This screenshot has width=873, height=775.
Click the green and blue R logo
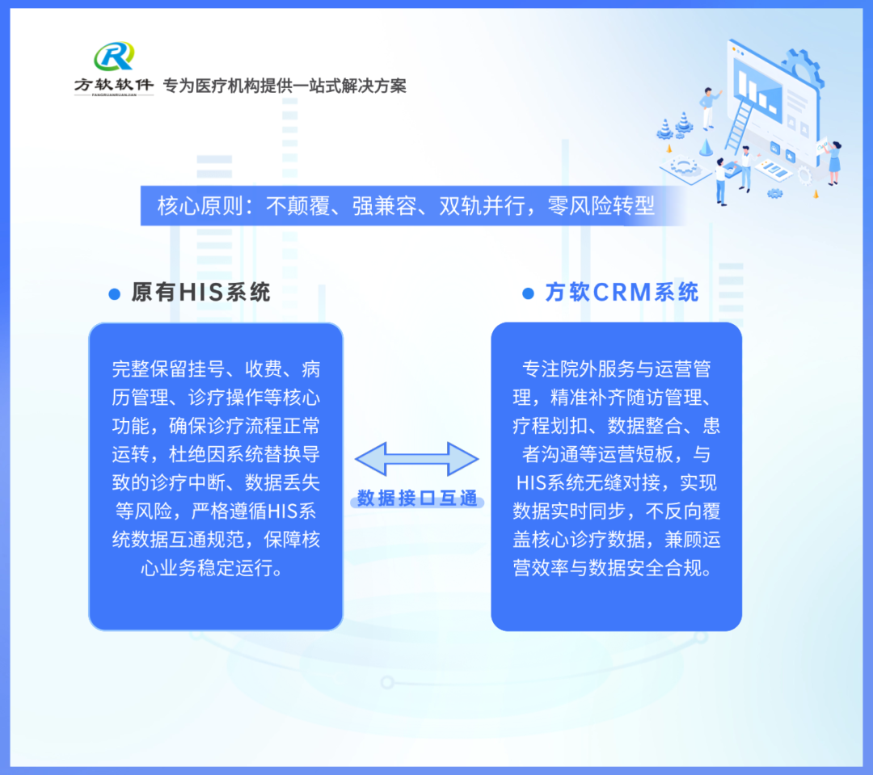click(x=114, y=57)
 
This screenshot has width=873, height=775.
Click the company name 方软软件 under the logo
click(x=114, y=85)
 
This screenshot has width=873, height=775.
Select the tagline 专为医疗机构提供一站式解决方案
click(x=285, y=86)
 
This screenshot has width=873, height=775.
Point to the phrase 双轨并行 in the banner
click(x=482, y=206)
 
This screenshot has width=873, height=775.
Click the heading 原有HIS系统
click(x=201, y=293)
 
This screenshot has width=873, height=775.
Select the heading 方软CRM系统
click(x=622, y=293)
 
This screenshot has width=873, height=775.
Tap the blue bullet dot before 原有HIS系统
click(x=115, y=294)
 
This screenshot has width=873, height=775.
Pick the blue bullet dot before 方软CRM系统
click(x=529, y=293)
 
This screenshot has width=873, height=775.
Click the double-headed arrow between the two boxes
click(x=417, y=459)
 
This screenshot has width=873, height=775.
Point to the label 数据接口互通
click(x=417, y=498)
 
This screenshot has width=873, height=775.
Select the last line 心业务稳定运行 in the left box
click(x=211, y=568)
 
